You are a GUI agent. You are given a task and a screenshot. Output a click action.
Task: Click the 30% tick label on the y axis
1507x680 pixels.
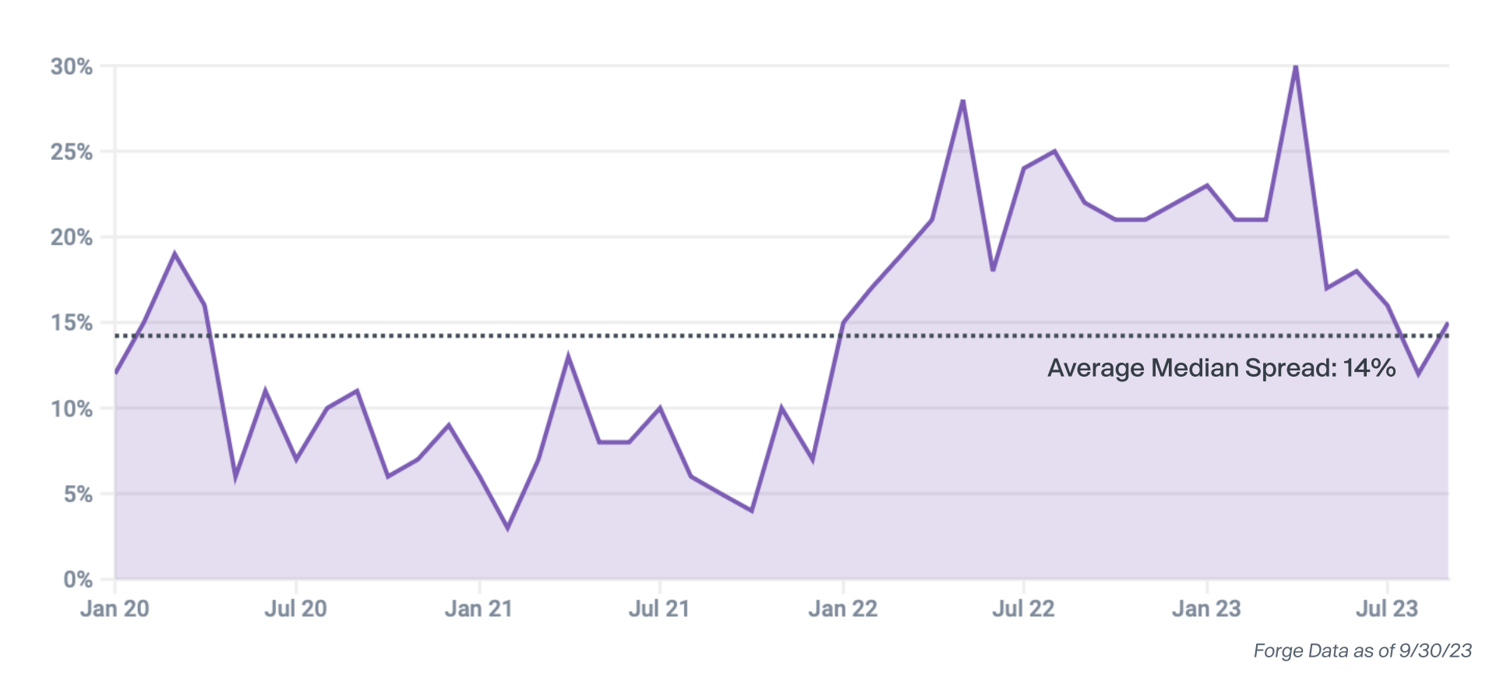pos(72,66)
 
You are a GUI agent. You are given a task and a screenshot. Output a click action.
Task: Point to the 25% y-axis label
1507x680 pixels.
pos(72,151)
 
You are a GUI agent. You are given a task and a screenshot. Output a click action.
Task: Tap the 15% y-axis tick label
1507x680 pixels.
pos(72,322)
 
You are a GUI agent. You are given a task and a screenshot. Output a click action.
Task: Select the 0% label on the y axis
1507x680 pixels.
pos(78,579)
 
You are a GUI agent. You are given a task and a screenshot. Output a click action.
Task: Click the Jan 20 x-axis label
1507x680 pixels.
pos(115,608)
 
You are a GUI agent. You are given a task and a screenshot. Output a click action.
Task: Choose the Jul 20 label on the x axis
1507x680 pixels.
pos(295,608)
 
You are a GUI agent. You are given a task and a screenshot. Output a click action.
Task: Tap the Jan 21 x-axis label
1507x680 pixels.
pos(478,608)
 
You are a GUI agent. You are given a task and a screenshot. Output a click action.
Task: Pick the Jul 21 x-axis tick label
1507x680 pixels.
pos(659,608)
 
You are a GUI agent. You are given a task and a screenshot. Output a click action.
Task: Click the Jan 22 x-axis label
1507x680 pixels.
pos(843,608)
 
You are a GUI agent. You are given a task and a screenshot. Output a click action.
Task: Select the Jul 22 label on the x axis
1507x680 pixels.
pos(1023,608)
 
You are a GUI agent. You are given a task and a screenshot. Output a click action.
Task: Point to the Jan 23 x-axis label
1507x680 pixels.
pos(1206,608)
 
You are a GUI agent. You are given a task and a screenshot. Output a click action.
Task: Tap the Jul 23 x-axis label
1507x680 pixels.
pos(1387,608)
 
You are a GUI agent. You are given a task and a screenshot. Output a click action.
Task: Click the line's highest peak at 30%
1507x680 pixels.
pos(1295,67)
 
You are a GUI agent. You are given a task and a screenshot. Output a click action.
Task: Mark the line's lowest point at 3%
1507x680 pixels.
pos(507,528)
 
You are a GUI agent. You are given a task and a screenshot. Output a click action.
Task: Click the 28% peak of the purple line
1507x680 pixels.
pos(963,101)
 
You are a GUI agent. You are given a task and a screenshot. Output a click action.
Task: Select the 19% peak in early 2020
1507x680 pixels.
pos(175,253)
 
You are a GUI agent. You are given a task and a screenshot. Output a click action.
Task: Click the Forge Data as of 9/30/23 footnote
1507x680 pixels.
pos(1362,650)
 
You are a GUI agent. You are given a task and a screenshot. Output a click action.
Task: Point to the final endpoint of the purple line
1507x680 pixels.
pos(1447,323)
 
